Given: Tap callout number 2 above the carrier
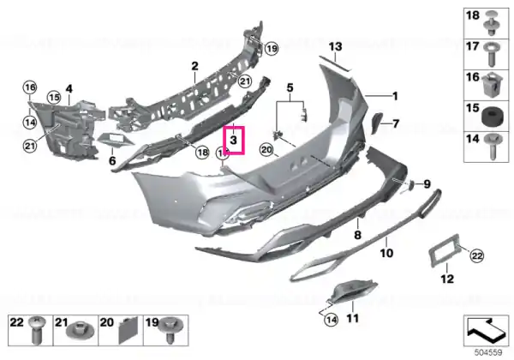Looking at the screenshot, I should [194, 66].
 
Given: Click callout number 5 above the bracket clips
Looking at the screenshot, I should [290, 87].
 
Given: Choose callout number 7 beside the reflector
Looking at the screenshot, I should [396, 123].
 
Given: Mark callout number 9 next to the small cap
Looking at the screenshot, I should [427, 183].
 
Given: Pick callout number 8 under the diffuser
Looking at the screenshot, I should [358, 231].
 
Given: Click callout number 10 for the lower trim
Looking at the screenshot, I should [385, 254].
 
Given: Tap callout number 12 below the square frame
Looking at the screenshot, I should [446, 279].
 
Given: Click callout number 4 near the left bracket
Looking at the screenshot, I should [69, 87].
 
